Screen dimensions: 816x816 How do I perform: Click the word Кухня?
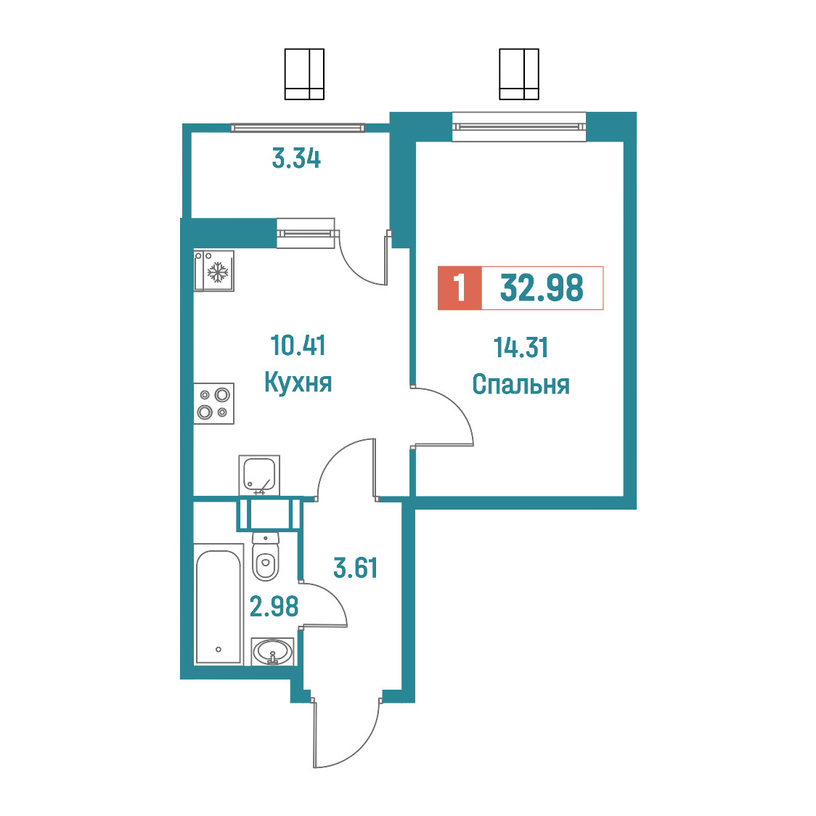[x=298, y=383]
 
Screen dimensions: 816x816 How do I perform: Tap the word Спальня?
[x=521, y=385]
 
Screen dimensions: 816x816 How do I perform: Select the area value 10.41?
[x=298, y=346]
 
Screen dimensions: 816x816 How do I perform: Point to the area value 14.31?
[x=521, y=348]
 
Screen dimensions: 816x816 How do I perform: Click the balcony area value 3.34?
[x=297, y=158]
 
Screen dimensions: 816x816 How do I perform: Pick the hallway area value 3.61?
[x=356, y=567]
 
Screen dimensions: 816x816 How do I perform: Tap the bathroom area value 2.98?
[x=274, y=606]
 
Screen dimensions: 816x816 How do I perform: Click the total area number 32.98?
[x=542, y=287]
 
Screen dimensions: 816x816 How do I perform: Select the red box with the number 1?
[x=460, y=287]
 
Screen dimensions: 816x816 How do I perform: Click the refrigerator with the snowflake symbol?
[x=214, y=271]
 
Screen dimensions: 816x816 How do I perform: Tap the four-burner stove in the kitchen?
[x=214, y=404]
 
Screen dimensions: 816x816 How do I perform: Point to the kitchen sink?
[x=259, y=475]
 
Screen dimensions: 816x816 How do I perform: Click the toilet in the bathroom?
[x=266, y=556]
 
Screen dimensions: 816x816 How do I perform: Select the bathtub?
[x=219, y=604]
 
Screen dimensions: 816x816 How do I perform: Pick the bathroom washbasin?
[x=272, y=651]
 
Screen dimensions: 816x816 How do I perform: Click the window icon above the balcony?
[x=304, y=74]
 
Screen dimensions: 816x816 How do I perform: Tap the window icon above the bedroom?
[x=519, y=74]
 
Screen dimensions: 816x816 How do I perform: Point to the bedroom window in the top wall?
[x=519, y=126]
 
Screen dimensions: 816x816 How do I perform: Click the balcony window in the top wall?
[x=298, y=128]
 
